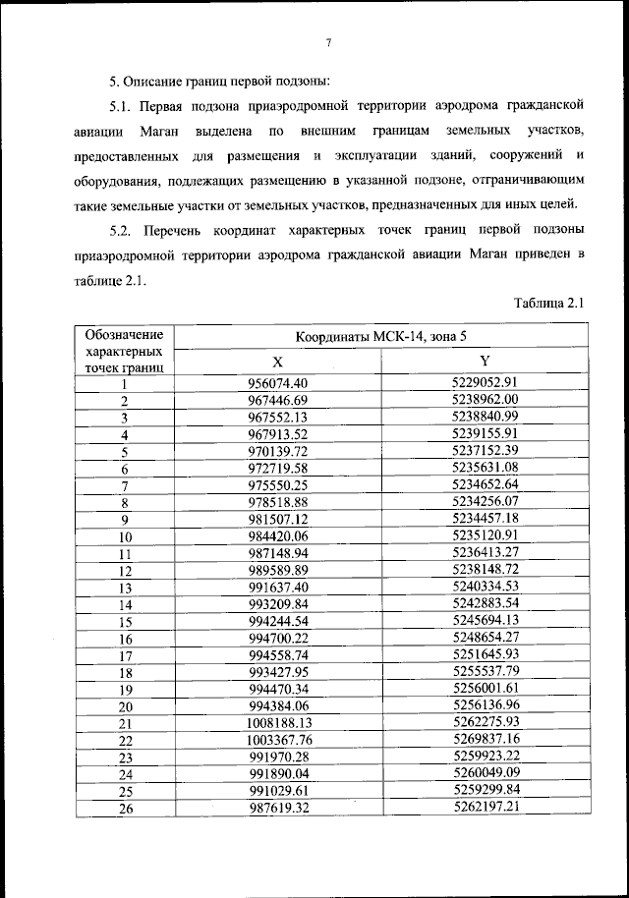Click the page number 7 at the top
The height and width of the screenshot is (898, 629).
[328, 42]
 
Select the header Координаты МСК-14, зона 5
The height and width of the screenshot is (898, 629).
[381, 338]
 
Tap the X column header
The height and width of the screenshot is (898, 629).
[278, 361]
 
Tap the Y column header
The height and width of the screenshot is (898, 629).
[485, 361]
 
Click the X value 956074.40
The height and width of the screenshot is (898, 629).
[279, 383]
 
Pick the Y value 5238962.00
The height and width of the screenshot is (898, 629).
[485, 400]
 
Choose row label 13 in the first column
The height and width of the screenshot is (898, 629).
[125, 587]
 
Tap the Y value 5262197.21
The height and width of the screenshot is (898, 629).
[485, 807]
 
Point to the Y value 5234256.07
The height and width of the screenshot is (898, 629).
[485, 501]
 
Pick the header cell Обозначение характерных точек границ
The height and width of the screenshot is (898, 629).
[125, 350]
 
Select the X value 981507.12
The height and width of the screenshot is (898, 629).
[279, 519]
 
